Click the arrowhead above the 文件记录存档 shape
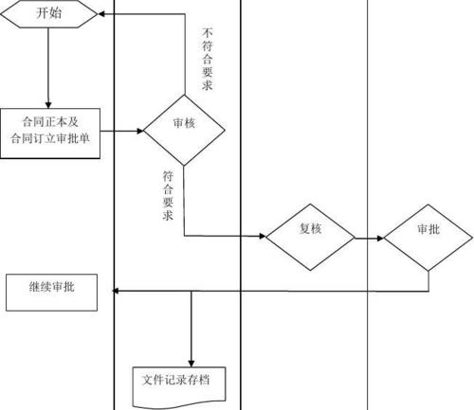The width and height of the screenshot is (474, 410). [x=191, y=355]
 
